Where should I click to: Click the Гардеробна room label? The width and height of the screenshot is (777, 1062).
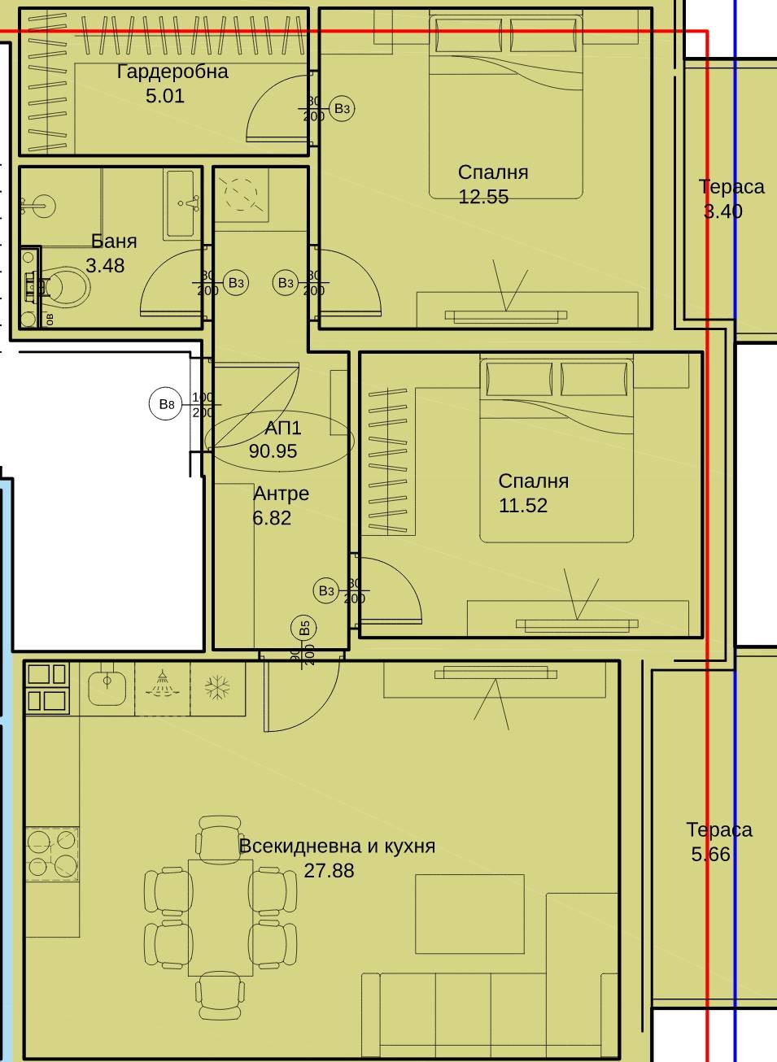(x=172, y=72)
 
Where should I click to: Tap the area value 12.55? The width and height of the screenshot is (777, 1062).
(x=483, y=197)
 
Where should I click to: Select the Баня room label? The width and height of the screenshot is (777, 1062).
(x=114, y=242)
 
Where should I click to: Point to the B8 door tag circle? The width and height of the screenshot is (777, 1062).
(x=166, y=404)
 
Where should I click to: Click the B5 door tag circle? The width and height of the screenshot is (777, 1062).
(x=304, y=628)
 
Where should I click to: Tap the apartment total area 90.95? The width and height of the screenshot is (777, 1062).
(x=273, y=451)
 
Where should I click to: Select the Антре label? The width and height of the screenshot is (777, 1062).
(x=281, y=494)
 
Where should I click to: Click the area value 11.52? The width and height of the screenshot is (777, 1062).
(x=522, y=506)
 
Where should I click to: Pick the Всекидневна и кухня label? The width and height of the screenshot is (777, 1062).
(x=337, y=847)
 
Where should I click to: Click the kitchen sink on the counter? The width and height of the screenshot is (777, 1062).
(x=107, y=688)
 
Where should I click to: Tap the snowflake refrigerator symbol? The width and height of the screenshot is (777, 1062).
(x=217, y=688)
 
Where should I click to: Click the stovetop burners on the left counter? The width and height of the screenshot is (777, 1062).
(x=51, y=853)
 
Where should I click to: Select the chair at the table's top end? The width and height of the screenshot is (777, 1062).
(x=220, y=834)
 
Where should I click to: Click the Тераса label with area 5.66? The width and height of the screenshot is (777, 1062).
(x=719, y=830)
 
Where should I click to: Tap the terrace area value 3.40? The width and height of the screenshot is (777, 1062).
(x=722, y=211)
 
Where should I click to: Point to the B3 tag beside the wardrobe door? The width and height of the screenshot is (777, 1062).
(x=342, y=108)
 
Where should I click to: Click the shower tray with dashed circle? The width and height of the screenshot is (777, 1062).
(x=241, y=194)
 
